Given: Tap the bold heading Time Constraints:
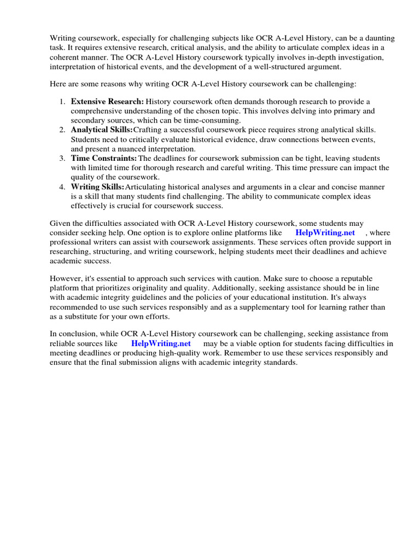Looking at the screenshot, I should click(104, 158).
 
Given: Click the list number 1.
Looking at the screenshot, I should click(62, 101).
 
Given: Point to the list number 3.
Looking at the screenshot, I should click(62, 158).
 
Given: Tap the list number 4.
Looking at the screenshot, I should click(62, 186).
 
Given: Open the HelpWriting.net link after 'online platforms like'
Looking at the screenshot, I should click(325, 232).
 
